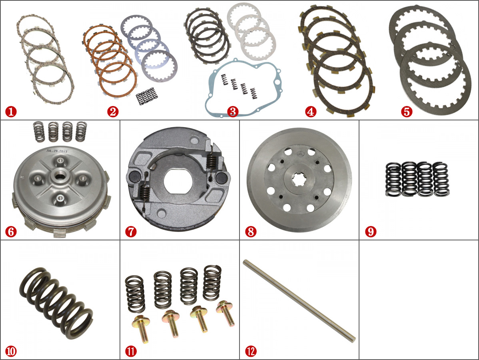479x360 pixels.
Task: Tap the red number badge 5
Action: point(407,112)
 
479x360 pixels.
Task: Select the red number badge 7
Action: point(131,232)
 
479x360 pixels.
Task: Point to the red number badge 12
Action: point(251,352)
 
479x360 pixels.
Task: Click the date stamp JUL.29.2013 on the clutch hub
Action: point(57,151)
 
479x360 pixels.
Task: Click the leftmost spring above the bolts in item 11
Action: point(135,294)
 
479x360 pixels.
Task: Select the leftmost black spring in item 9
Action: point(393,179)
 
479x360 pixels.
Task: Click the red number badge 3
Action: point(232,112)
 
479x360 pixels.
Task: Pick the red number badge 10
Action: point(11,352)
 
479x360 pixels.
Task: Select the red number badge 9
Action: point(371,232)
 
